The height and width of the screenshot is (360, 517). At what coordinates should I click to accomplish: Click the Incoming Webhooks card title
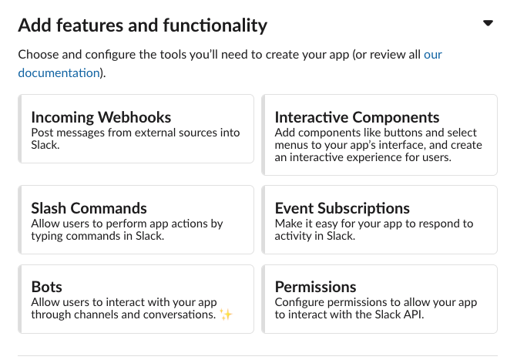101,118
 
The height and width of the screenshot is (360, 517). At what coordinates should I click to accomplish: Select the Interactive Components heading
357,118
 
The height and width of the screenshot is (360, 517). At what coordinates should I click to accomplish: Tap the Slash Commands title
89,208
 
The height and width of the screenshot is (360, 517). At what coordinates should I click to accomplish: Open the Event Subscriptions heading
342,208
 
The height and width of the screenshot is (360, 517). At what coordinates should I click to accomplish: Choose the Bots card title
46,288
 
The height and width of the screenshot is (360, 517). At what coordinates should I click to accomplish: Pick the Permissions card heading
315,288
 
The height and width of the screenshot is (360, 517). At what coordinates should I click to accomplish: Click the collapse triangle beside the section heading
487,24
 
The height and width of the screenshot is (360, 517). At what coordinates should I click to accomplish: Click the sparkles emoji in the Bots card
226,315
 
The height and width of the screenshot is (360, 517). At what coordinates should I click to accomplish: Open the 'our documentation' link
59,73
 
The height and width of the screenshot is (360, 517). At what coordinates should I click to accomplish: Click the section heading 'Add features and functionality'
143,25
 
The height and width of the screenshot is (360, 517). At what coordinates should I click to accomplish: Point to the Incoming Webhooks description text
135,139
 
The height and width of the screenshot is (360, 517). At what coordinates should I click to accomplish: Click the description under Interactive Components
378,145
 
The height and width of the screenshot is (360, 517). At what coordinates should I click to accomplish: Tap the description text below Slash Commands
126,230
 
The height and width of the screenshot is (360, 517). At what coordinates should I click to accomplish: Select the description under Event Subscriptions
374,230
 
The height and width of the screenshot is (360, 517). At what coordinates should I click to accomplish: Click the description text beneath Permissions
375,308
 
